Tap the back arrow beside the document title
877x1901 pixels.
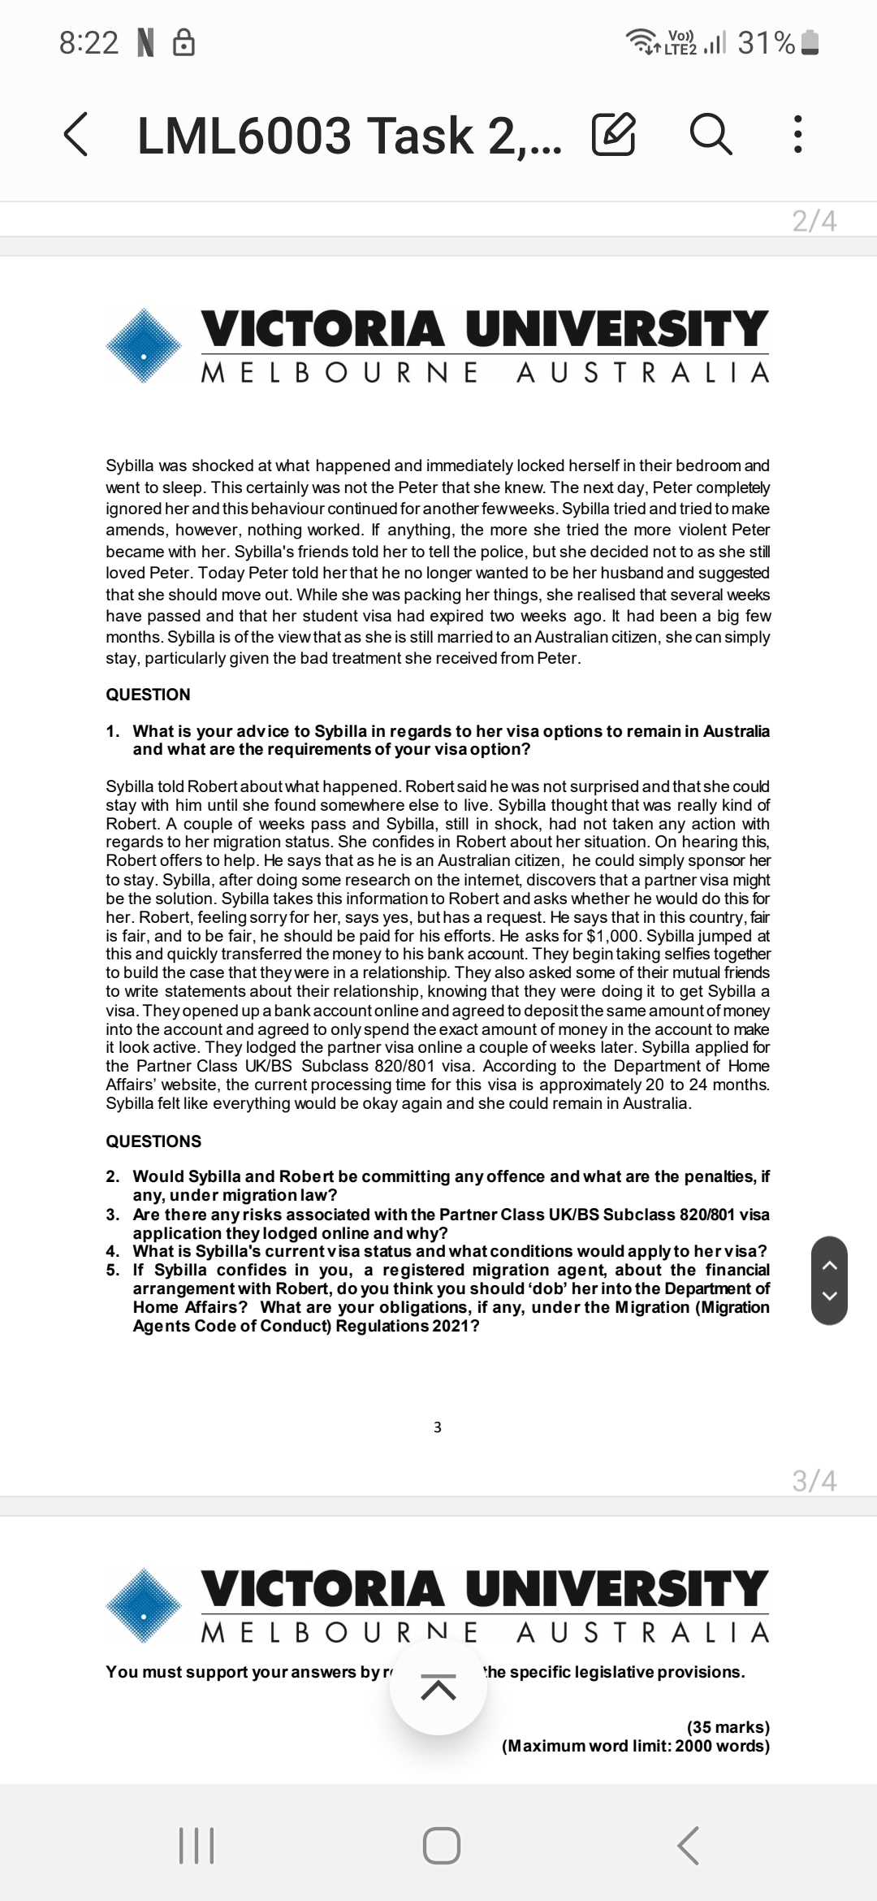pos(76,134)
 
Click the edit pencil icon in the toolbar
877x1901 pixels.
pos(613,135)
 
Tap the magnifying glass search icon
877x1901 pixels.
pos(711,135)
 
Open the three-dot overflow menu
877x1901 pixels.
pos(797,135)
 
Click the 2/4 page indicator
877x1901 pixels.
pos(814,220)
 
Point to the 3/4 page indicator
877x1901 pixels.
pos(814,1480)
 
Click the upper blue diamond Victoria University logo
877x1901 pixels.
pos(144,345)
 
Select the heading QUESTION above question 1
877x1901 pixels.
pos(148,695)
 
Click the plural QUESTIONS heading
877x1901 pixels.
pos(153,1141)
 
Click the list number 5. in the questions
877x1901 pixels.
pos(113,1270)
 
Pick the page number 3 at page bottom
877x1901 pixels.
pos(438,1427)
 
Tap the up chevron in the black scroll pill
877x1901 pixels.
pos(829,1265)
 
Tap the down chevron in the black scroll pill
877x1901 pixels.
pos(829,1297)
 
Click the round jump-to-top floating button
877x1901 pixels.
pos(438,1687)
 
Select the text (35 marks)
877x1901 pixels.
pos(728,1727)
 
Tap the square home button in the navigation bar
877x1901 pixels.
pos(442,1846)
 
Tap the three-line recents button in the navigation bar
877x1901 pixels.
pos(196,1846)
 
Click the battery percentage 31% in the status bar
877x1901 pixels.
pos(766,42)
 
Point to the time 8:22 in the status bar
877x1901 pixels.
pos(89,42)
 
